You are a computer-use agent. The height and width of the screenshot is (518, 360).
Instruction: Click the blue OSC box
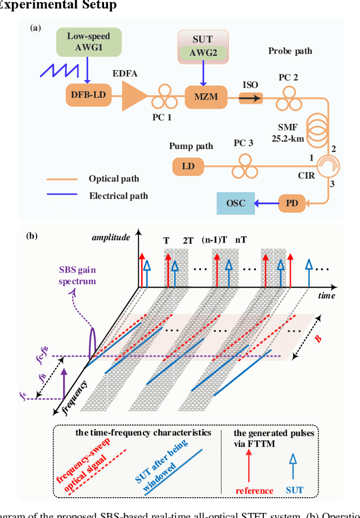(x=235, y=202)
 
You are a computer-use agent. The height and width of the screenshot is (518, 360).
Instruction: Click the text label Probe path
(x=289, y=51)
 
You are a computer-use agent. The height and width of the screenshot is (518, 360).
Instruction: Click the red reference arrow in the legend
(x=249, y=461)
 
